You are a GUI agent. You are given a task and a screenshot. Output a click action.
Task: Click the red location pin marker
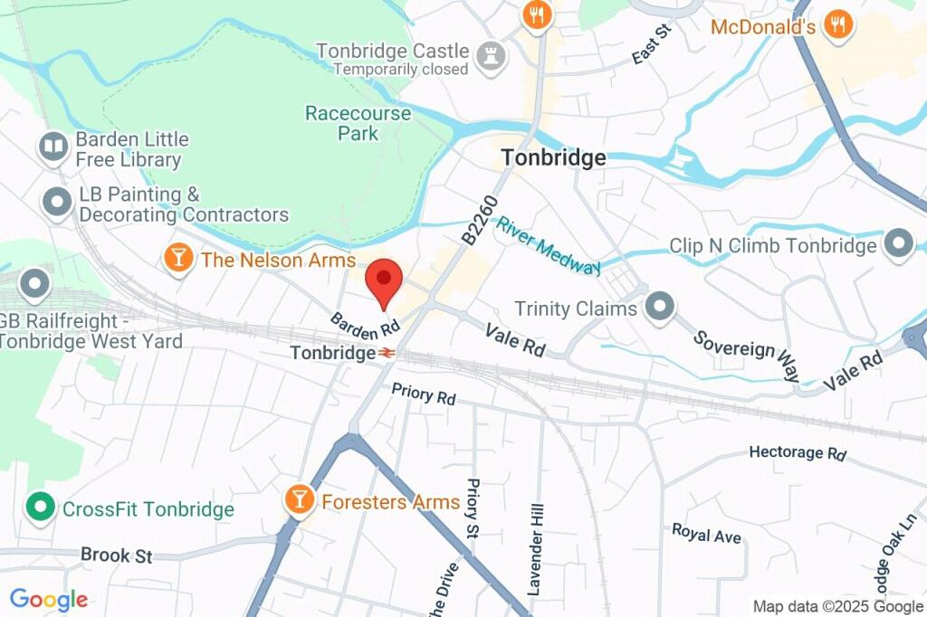(x=384, y=281)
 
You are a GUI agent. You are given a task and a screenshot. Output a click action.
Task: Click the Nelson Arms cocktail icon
(x=178, y=258)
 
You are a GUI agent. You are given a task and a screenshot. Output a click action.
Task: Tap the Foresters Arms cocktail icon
(x=298, y=498)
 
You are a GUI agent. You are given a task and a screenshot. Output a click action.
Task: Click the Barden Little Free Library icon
(x=53, y=147)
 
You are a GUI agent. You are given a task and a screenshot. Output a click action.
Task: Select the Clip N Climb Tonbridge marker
(x=899, y=244)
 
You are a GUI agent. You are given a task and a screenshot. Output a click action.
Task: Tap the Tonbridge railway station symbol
(x=387, y=353)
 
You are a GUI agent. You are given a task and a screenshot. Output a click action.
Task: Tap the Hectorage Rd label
(x=798, y=452)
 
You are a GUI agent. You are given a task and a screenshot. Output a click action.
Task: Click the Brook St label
(x=117, y=555)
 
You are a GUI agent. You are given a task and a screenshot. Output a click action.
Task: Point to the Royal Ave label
(x=706, y=534)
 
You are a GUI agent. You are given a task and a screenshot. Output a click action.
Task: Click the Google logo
(x=49, y=599)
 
